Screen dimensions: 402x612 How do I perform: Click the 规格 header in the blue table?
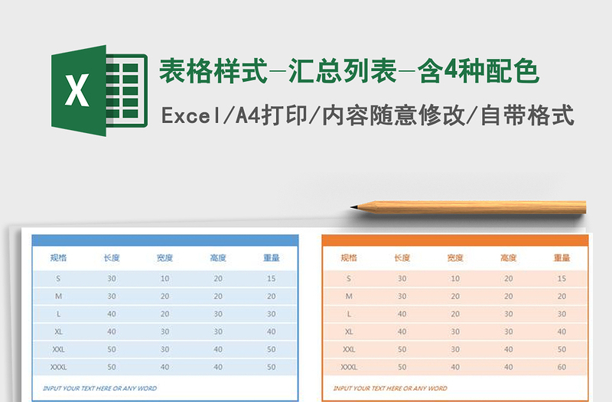pyautogui.click(x=58, y=258)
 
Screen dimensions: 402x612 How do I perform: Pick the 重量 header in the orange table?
pyautogui.click(x=562, y=258)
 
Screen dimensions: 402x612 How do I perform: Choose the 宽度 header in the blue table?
pyautogui.click(x=164, y=258)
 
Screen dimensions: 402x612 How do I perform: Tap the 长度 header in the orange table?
pyautogui.click(x=402, y=258)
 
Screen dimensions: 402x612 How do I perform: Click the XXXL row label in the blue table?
pyautogui.click(x=58, y=367)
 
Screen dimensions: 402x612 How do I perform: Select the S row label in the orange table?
pyautogui.click(x=349, y=278)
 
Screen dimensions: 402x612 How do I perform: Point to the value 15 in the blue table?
pyautogui.click(x=272, y=278)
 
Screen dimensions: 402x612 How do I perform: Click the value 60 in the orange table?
pyautogui.click(x=562, y=367)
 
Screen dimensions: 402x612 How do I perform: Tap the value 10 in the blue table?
pyautogui.click(x=164, y=278)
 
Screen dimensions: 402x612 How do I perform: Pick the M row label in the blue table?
pyautogui.click(x=58, y=296)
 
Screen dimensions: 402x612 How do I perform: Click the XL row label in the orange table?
pyautogui.click(x=349, y=332)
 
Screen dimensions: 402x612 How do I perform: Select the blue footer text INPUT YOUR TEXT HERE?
pyautogui.click(x=100, y=388)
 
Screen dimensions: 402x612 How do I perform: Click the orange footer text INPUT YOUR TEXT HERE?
pyautogui.click(x=390, y=388)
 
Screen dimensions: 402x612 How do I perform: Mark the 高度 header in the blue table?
pyautogui.click(x=218, y=258)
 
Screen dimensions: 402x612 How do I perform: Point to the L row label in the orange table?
pyautogui.click(x=349, y=314)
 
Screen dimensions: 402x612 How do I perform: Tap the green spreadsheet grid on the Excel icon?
pyautogui.click(x=127, y=90)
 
